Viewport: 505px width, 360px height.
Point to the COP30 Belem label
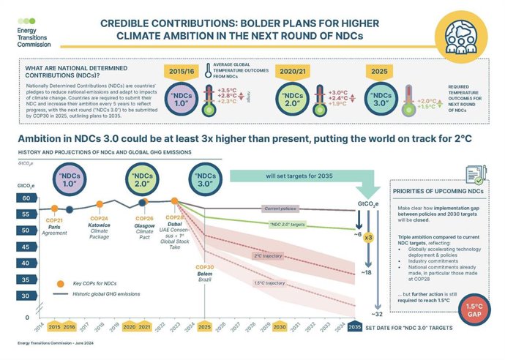pos(204,274)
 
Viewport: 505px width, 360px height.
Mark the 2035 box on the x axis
pos(354,327)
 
